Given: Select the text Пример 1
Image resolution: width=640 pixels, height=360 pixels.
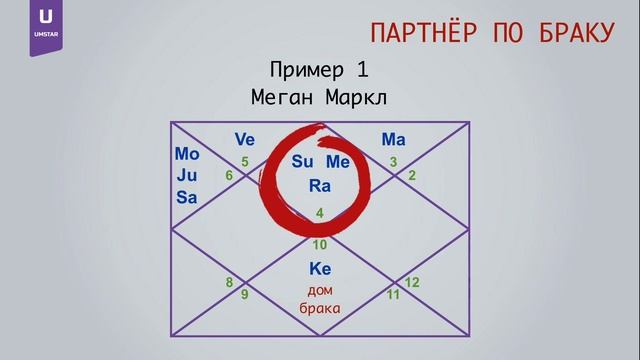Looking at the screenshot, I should pos(319,70).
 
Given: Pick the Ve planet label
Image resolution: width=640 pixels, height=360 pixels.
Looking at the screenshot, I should pos(245,139).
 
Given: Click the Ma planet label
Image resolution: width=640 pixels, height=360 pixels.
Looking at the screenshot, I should pos(393,139).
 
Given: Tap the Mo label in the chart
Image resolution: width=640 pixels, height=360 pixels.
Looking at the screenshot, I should pos(187,155).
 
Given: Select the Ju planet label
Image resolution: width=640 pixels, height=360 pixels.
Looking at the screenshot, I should pos(187,176).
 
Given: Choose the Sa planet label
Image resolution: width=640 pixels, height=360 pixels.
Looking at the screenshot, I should pos(187,197).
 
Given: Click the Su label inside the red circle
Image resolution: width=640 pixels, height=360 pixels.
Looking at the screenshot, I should pos(303,162).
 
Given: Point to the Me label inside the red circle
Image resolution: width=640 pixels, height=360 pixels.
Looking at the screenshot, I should pos(338,162).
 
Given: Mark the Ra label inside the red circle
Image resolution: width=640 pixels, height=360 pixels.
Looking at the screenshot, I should pos(320,185).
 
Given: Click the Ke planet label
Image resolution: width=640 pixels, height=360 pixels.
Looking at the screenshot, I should pos(320,269).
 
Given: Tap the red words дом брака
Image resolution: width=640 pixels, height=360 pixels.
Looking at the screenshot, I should pos(320,298).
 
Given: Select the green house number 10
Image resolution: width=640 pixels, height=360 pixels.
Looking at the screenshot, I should pos(320,244).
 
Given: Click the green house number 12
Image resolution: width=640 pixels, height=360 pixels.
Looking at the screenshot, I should pos(412,283).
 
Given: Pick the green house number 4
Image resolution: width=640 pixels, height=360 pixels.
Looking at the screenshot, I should pos(320,213).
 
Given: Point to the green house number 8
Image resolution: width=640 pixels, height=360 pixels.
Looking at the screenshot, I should pos(229,283).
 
